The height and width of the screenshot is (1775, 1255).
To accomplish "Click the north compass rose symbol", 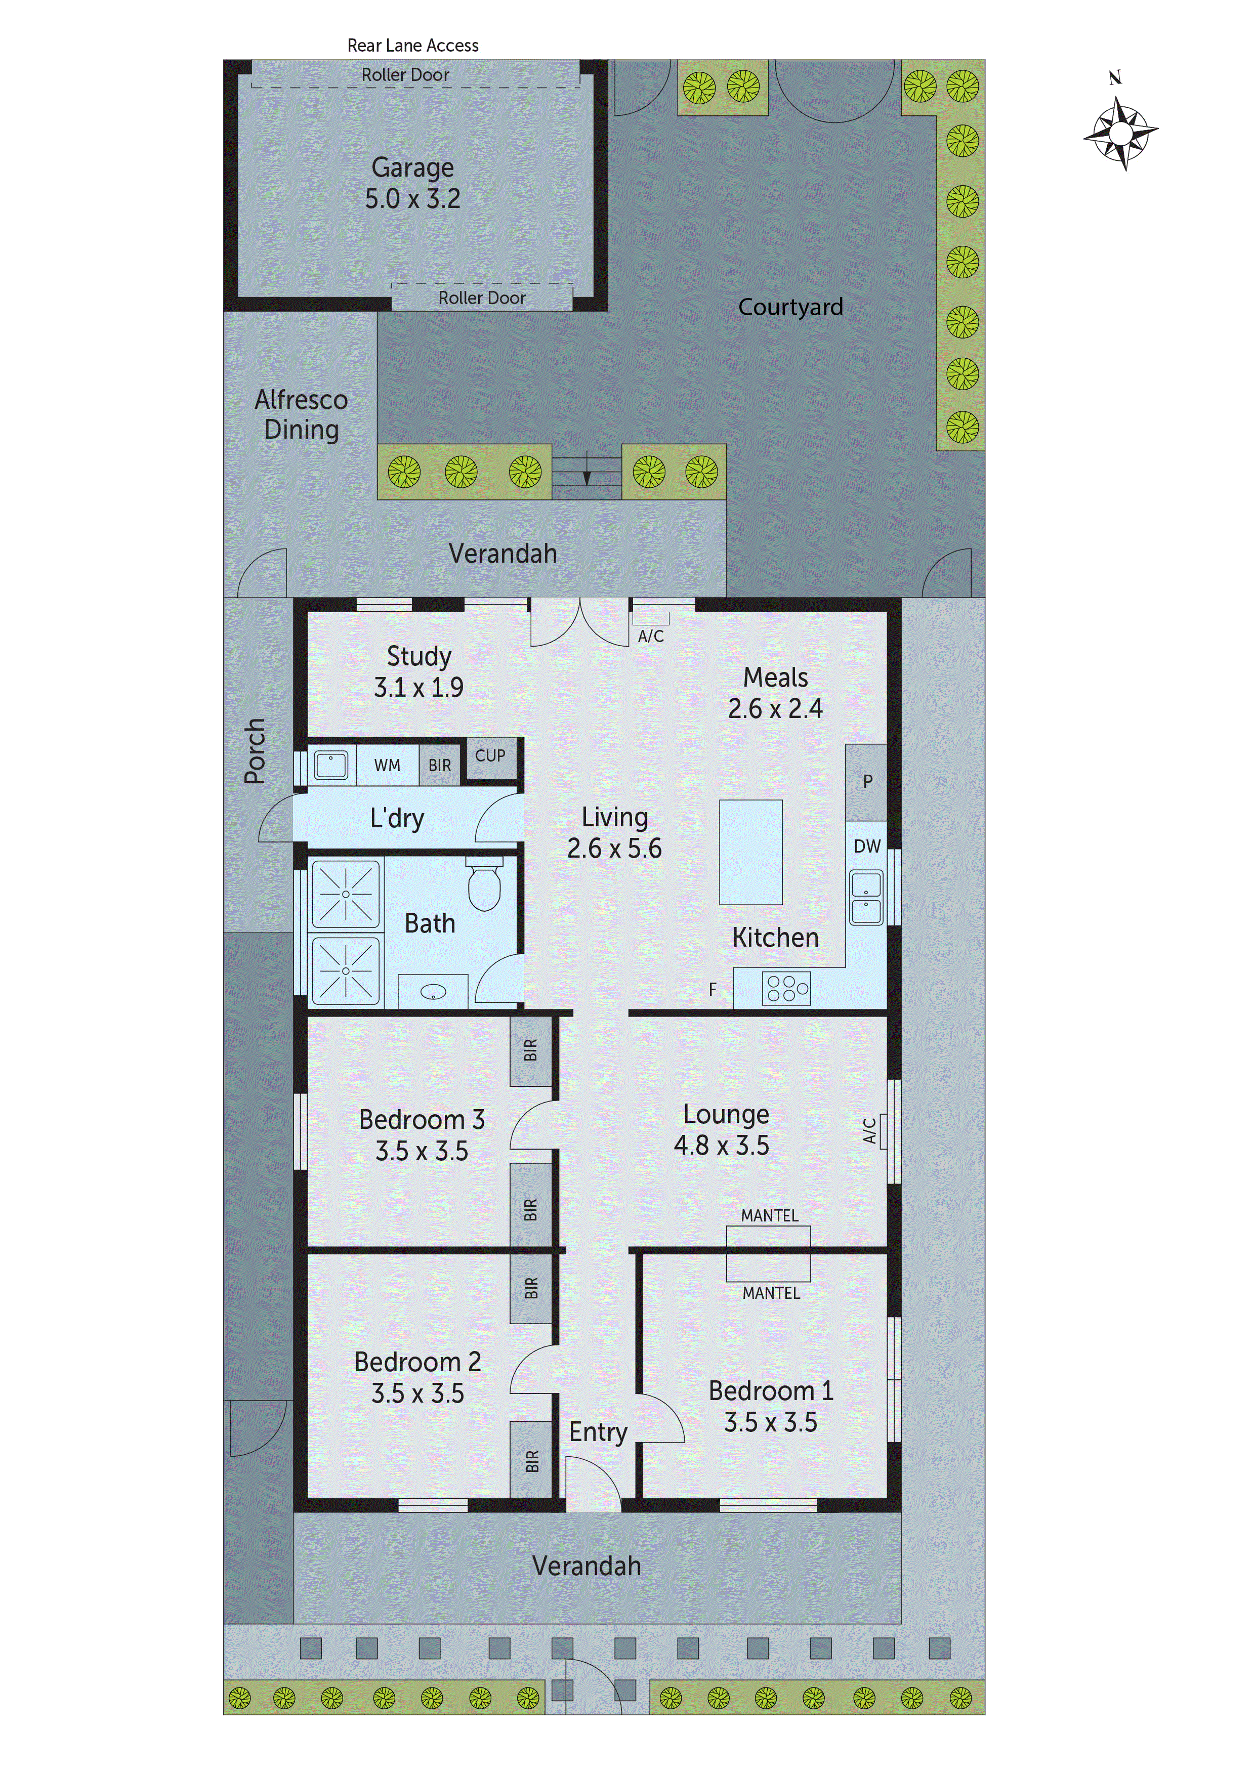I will click(x=1120, y=132).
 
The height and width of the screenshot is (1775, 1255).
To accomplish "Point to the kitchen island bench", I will click(x=750, y=852).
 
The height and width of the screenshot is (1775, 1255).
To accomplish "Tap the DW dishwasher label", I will click(x=867, y=847).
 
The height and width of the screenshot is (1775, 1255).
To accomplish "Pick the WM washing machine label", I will click(x=388, y=766).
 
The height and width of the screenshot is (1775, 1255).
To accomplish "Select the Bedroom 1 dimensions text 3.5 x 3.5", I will click(x=770, y=1422).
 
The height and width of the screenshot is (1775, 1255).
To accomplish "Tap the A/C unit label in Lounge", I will click(x=870, y=1130).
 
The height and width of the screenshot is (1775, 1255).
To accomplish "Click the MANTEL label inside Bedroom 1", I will click(x=771, y=1293).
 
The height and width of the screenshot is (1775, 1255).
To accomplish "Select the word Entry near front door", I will click(x=597, y=1432).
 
